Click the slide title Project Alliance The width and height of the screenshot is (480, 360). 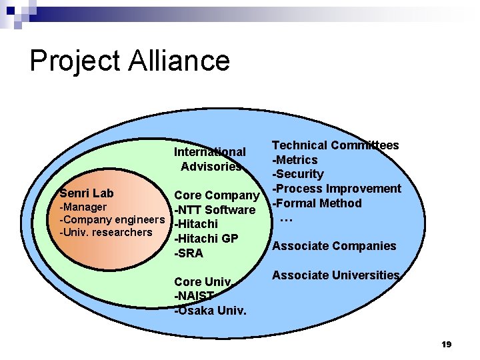[x=129, y=61]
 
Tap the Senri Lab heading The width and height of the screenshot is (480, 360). [x=86, y=193]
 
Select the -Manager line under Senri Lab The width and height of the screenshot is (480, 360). [x=83, y=207]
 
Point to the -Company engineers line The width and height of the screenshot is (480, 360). [x=112, y=219]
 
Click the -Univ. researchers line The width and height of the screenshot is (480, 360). [x=106, y=232]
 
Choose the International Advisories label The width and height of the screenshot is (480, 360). [x=210, y=159]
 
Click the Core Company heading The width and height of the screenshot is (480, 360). [x=216, y=195]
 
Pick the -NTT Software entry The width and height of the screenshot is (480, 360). [x=215, y=211]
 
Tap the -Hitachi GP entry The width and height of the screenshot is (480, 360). [x=206, y=239]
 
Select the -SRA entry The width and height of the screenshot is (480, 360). [x=188, y=253]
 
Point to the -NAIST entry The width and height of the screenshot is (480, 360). [x=194, y=296]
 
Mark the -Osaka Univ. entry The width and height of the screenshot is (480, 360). [x=210, y=311]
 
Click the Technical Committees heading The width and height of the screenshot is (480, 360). [x=335, y=145]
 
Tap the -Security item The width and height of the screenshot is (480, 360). [x=297, y=174]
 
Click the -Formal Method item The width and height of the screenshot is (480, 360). [x=317, y=203]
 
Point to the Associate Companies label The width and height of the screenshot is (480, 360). [x=334, y=246]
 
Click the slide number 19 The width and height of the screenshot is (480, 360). [x=446, y=344]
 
